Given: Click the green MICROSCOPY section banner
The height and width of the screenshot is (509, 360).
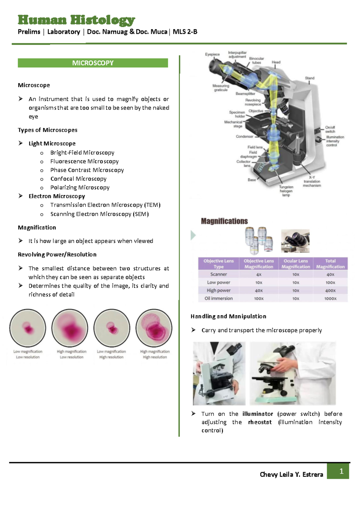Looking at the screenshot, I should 93,63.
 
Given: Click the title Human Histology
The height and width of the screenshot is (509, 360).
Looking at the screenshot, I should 76,20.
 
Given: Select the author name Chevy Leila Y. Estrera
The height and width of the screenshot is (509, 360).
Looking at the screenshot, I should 291,474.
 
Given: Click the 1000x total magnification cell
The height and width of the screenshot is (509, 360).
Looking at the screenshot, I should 330,299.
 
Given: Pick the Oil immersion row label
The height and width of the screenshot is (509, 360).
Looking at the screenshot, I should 218,298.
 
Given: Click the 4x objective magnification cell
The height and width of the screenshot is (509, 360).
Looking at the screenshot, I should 259,274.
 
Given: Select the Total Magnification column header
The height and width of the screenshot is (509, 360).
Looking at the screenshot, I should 330,264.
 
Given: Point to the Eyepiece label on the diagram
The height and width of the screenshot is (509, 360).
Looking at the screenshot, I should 212,54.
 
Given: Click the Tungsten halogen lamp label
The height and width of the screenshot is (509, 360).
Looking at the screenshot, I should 286,191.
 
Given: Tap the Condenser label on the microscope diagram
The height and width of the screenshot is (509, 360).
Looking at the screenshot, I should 244,137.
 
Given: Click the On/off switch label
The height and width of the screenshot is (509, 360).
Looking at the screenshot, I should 330,129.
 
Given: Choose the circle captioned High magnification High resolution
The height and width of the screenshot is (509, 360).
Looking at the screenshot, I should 154,328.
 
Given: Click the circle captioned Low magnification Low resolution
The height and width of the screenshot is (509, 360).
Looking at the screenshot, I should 28,328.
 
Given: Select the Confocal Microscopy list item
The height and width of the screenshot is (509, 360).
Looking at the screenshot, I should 78,179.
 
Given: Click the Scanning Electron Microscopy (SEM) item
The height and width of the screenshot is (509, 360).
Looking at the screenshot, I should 99,214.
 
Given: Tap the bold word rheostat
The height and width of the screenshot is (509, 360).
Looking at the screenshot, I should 260,422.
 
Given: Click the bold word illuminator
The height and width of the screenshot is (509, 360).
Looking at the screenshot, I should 258,414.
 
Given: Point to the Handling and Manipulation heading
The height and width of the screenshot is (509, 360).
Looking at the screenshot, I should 228,316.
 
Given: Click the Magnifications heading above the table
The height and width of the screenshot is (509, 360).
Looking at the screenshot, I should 224,221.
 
